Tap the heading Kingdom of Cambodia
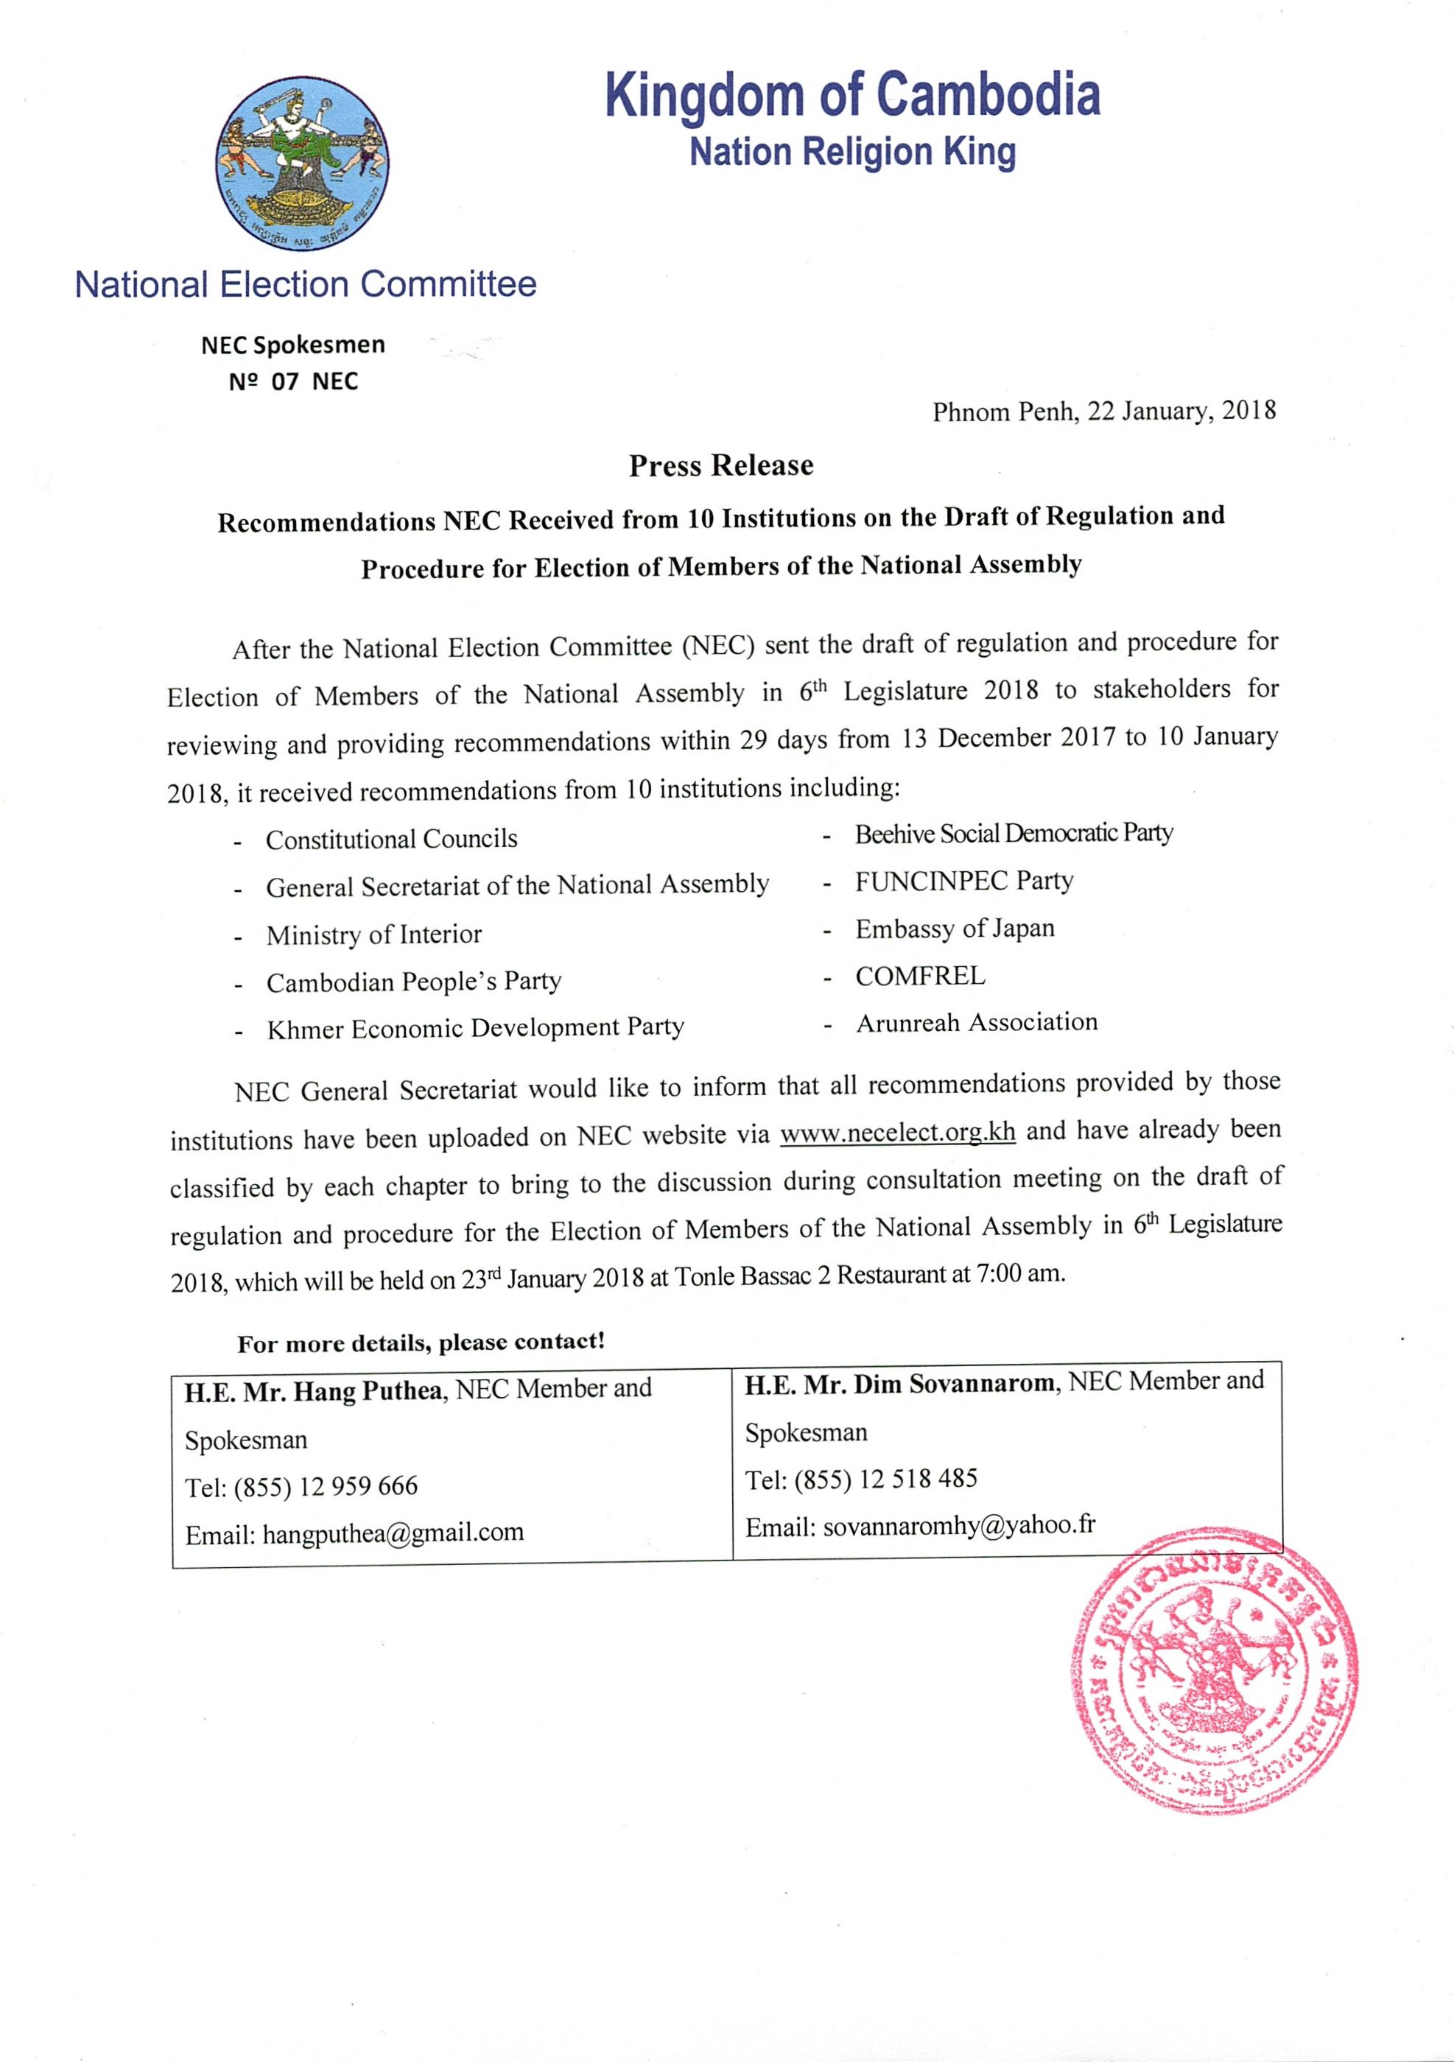point(852,96)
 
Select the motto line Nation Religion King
point(852,152)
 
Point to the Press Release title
point(721,465)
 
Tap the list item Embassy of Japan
point(955,929)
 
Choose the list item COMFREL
point(920,977)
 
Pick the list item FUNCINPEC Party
point(963,881)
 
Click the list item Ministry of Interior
point(373,935)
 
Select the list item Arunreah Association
point(976,1023)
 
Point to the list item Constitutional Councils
point(392,840)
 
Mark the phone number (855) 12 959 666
point(326,1485)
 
